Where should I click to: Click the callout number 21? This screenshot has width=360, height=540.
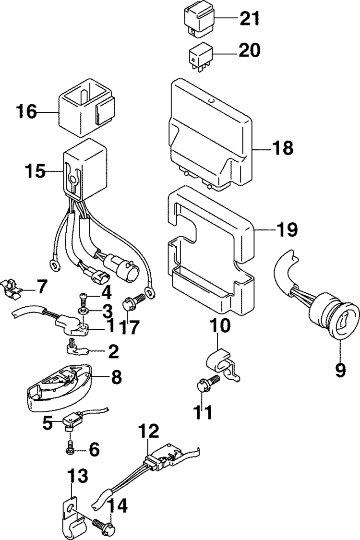(x=250, y=19)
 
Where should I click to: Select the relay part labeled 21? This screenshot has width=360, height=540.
(x=197, y=20)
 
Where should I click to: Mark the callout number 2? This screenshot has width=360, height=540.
(x=114, y=352)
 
